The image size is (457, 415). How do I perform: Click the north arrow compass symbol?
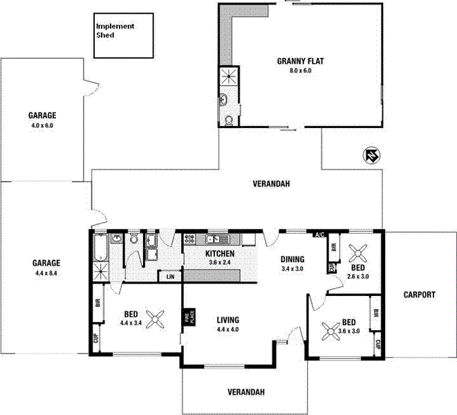point(371,157)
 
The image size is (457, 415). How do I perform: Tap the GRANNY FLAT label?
point(300,61)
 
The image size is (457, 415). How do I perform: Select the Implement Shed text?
point(115,30)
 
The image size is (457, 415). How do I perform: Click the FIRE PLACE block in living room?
point(186,317)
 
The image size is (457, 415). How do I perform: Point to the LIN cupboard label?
point(169,277)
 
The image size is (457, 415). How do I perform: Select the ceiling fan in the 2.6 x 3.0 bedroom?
point(359,251)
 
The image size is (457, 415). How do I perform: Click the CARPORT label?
point(420,295)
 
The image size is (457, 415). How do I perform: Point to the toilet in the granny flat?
point(229,120)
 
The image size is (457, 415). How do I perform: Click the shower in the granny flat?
point(228,76)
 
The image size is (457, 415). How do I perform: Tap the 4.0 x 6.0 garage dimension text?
point(41,126)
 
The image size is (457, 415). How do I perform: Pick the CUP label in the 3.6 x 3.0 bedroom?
point(377,344)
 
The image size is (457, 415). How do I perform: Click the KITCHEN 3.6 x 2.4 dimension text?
point(220,263)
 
